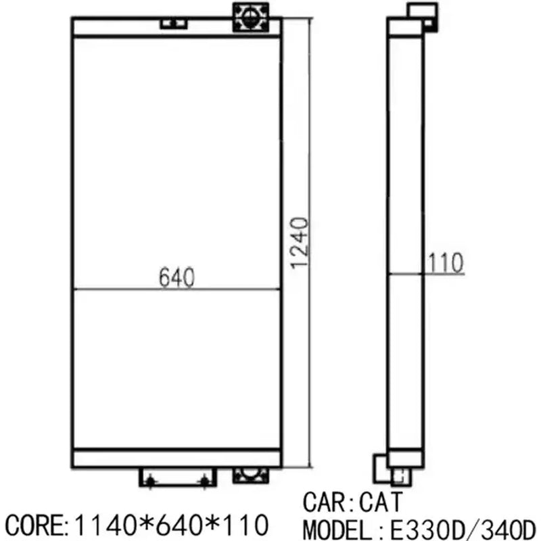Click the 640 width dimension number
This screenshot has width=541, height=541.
[177, 277]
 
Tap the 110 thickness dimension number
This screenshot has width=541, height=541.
[444, 262]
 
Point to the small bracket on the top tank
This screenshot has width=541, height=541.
[174, 24]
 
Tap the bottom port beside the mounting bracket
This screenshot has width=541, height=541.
[250, 475]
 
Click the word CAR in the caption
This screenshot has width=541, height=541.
[325, 502]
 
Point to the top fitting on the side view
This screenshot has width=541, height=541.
[418, 14]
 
